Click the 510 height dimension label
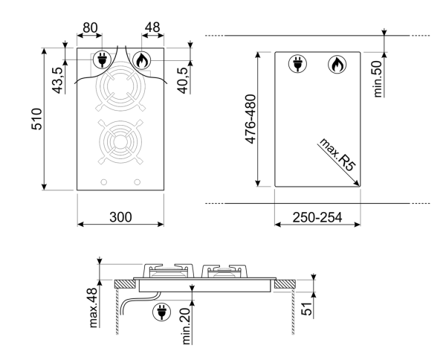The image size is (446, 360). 36,119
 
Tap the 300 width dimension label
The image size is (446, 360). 120,217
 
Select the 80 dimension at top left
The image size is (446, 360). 90,28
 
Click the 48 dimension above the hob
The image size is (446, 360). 152,28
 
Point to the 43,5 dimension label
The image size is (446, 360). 57,80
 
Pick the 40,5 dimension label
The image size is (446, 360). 182,80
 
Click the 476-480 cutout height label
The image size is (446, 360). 251,119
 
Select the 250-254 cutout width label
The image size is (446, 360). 317,217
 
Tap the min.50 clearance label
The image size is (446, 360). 378,80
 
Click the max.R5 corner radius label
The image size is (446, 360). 337,155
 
